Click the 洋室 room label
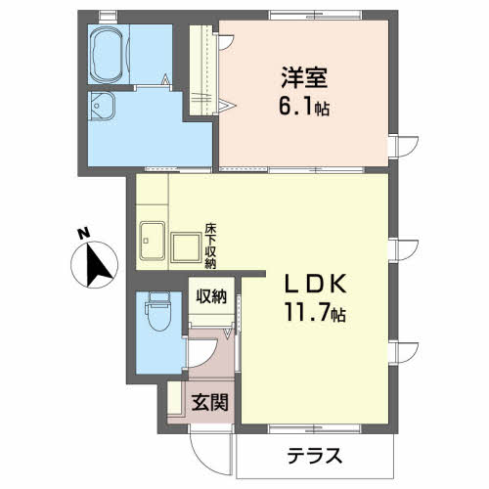click(304, 77)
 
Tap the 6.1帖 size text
click(304, 107)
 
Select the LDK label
click(315, 284)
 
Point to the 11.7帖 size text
click(315, 312)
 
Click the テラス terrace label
click(315, 455)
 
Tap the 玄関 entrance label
click(209, 402)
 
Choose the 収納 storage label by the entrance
click(211, 296)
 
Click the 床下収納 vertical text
click(210, 245)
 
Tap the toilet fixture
click(159, 311)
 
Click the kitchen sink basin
click(152, 241)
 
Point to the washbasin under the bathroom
click(103, 106)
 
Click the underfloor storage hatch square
click(186, 247)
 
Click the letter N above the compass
click(83, 234)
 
